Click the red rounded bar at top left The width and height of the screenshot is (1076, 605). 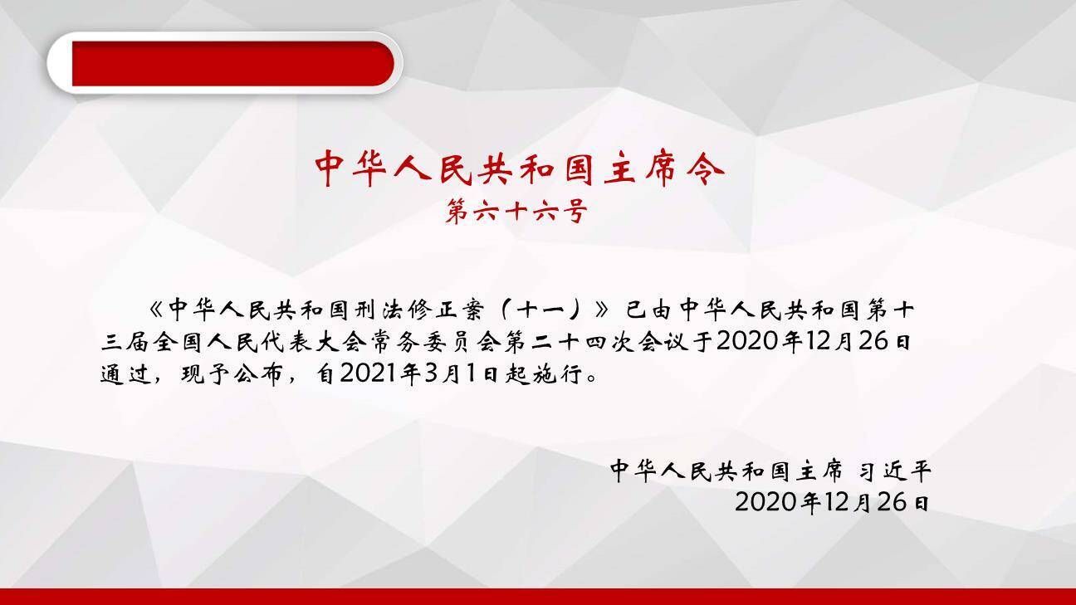point(232,64)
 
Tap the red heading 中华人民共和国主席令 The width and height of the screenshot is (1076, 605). point(520,169)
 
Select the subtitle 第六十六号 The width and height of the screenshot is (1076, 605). point(516,212)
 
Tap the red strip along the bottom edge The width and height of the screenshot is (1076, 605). point(538,597)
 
